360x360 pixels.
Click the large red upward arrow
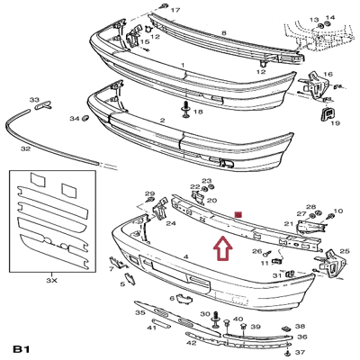click(x=220, y=247)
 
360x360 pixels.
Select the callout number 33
click(x=34, y=100)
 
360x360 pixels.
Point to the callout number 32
click(x=25, y=148)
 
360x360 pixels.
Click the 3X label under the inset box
click(x=51, y=281)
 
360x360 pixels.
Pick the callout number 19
click(x=335, y=125)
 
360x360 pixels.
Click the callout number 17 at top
click(x=175, y=10)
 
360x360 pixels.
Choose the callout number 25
click(x=345, y=251)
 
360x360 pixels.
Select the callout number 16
click(x=328, y=75)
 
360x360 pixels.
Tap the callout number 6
click(x=172, y=298)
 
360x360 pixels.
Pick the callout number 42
click(x=192, y=343)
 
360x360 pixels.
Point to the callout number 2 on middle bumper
click(x=162, y=121)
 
